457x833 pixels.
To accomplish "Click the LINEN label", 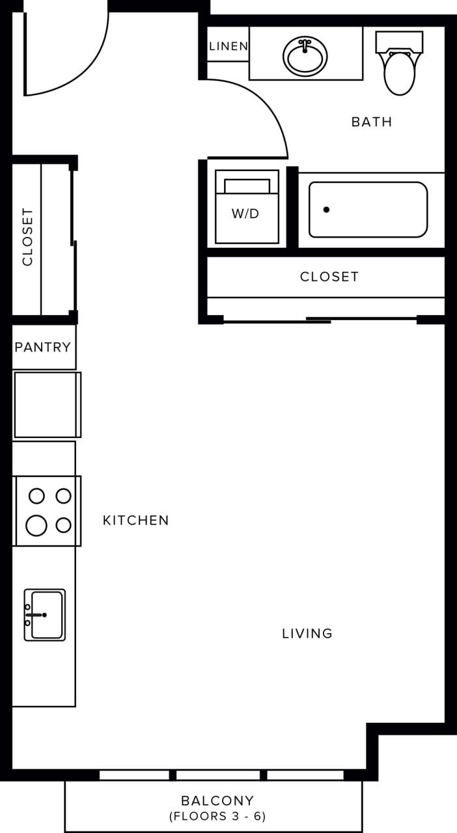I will click(228, 46).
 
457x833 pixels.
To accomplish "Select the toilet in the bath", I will click(399, 72).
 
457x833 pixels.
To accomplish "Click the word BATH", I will click(372, 122).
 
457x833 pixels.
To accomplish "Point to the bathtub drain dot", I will click(326, 210).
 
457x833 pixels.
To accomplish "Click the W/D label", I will click(245, 213).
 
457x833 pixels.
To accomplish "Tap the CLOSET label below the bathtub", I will click(329, 277).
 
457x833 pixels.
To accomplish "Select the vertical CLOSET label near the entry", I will click(27, 237).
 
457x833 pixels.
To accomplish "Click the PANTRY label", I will click(43, 347).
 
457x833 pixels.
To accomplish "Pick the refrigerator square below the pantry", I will click(46, 404).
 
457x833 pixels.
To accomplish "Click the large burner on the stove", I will click(36, 524).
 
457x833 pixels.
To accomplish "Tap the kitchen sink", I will click(46, 614).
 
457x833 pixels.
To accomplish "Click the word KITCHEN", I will click(136, 521).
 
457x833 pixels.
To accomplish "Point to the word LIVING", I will click(307, 633).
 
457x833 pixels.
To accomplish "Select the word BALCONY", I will click(217, 800).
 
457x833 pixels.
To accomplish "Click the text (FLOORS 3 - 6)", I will click(217, 816).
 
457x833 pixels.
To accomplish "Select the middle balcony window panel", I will click(218, 775).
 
